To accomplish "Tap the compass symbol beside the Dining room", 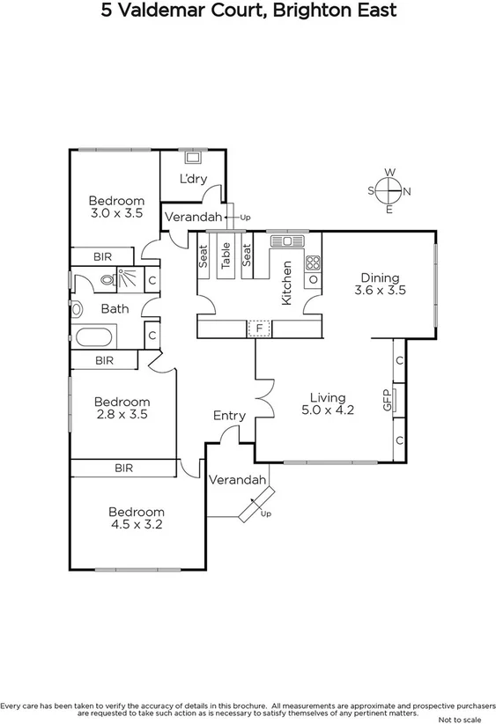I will [x=389, y=190].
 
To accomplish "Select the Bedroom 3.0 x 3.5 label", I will [x=116, y=207].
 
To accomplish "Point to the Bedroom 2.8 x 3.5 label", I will [x=122, y=408].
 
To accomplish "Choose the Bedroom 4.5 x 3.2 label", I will [x=136, y=518].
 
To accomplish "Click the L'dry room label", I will [x=192, y=180].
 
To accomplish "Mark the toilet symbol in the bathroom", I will [x=107, y=280].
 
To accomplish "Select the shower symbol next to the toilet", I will [x=129, y=280].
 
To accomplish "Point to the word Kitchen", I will [x=285, y=283].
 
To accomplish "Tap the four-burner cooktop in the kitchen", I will [x=313, y=262].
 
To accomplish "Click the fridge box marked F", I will [x=259, y=329].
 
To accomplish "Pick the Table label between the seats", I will [x=226, y=255].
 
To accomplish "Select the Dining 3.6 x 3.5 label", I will [x=379, y=284].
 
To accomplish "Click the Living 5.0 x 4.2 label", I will [x=327, y=403].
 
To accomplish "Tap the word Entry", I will [x=229, y=416].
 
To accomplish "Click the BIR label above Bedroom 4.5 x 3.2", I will [x=123, y=469].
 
